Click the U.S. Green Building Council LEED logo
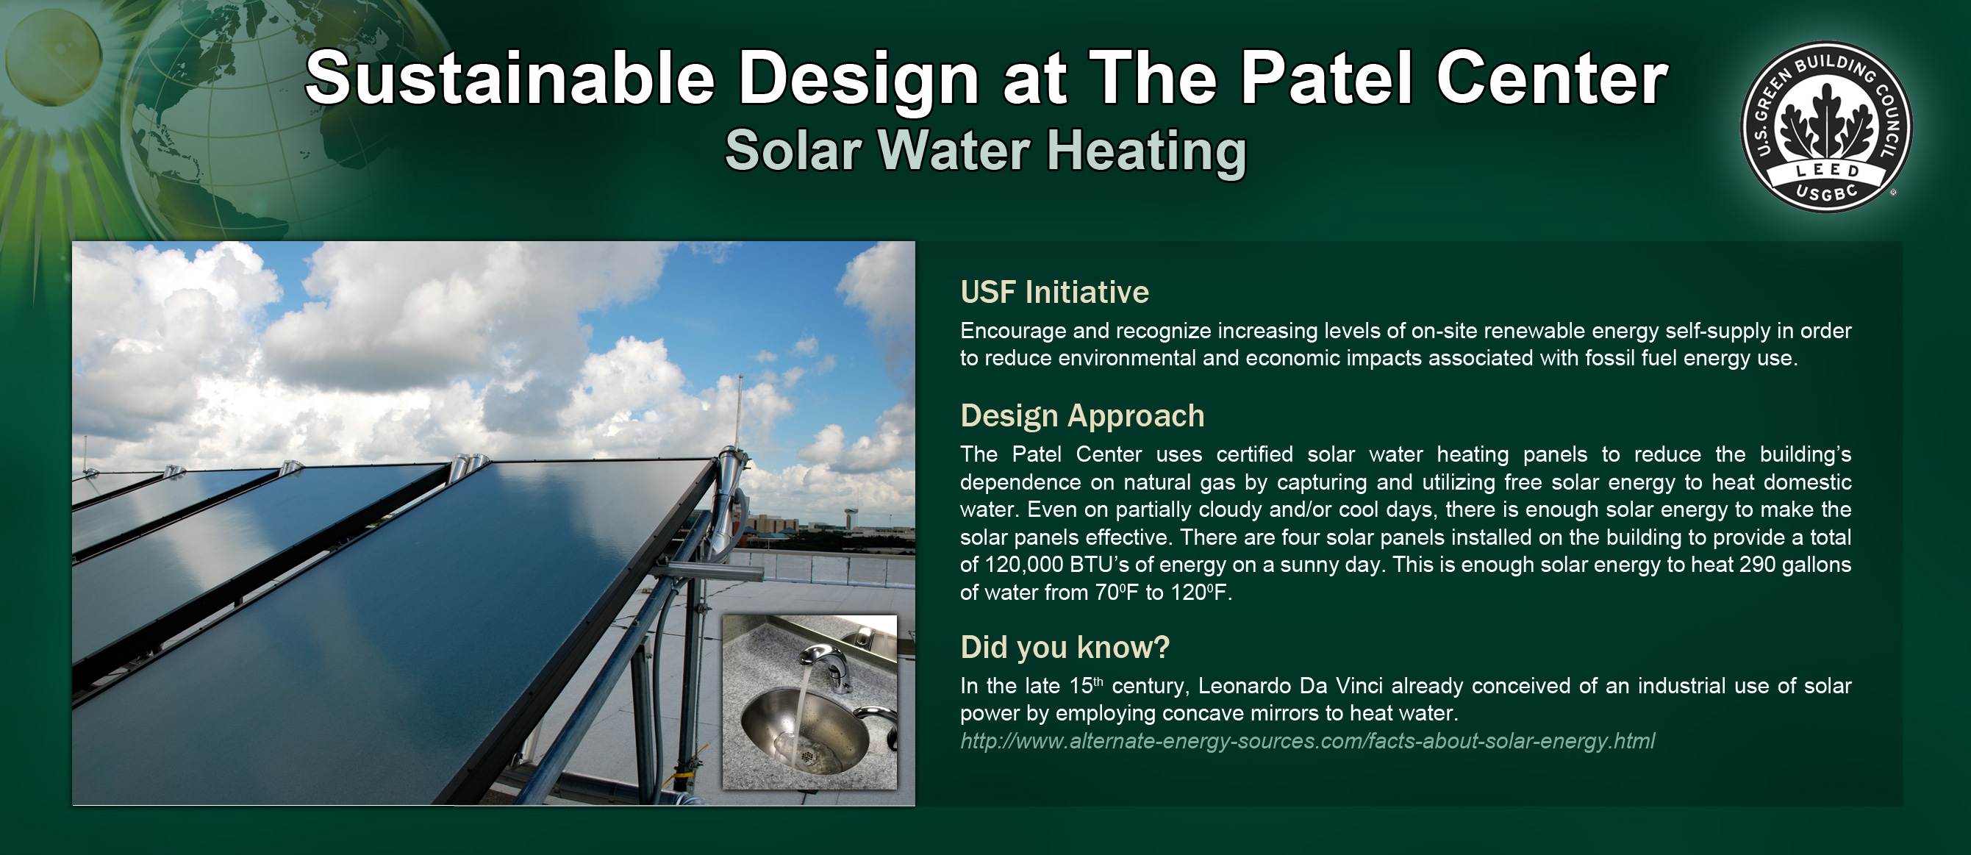click(1825, 127)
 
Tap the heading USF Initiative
click(1054, 293)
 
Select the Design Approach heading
click(1082, 416)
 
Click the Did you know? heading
click(1065, 648)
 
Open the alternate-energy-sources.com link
click(1307, 741)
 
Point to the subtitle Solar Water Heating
click(985, 151)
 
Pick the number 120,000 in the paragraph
click(1024, 565)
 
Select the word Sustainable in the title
click(509, 78)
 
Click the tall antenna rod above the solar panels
click(740, 413)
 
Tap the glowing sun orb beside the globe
click(54, 57)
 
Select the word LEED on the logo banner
click(1828, 170)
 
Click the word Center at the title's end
click(1552, 78)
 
